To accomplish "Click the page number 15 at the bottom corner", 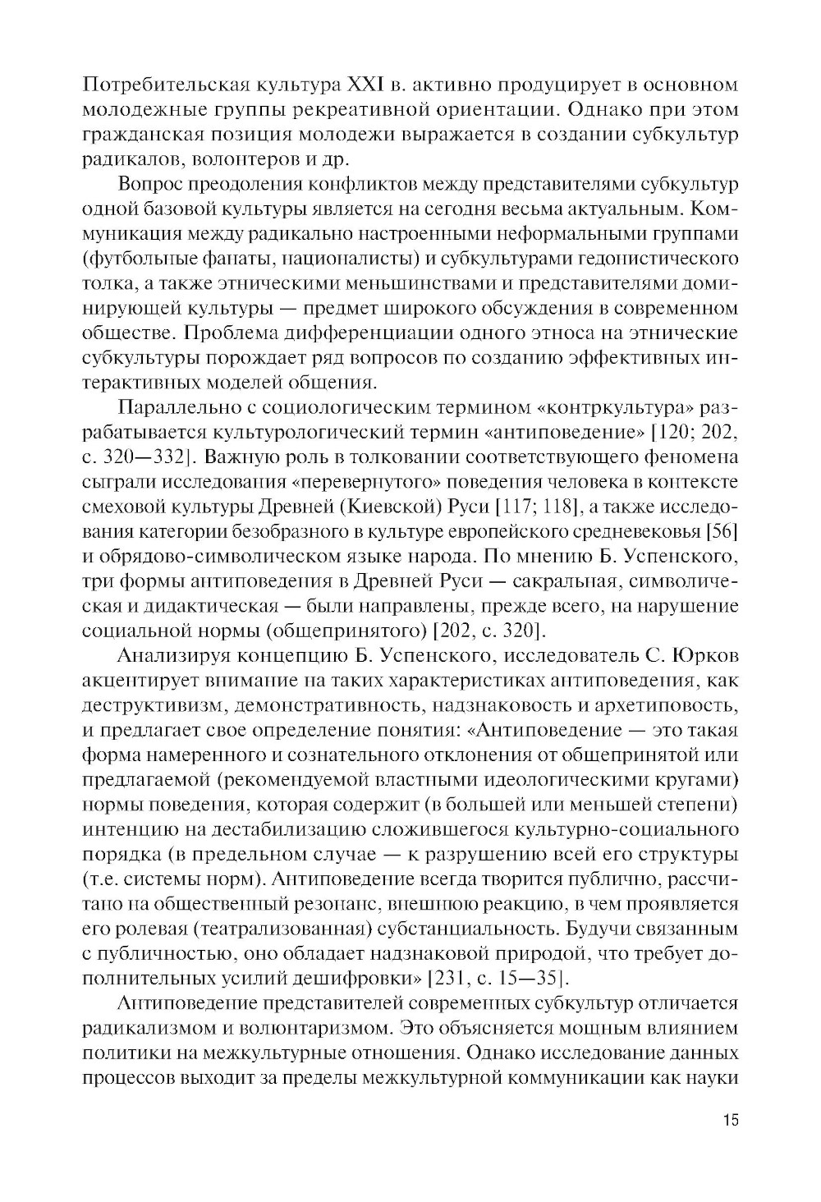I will pos(728,1120).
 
